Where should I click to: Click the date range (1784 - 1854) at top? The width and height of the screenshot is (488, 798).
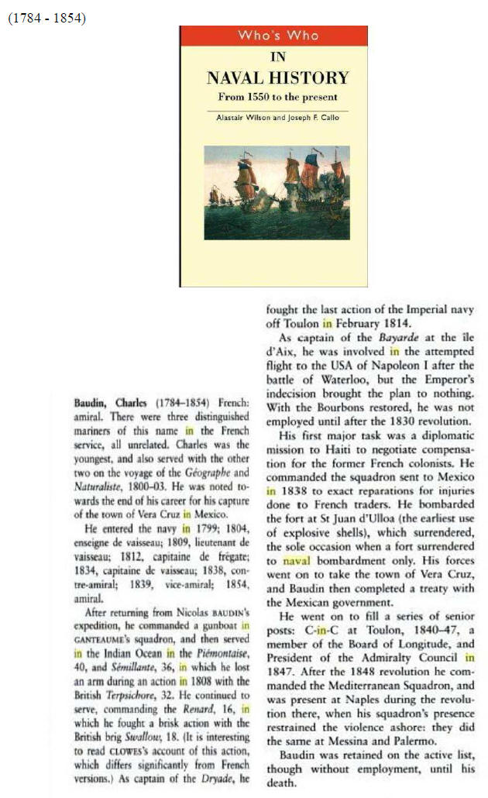coord(46,18)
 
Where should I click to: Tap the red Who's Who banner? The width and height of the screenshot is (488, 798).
coord(273,36)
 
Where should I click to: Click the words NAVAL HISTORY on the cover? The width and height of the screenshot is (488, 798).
coord(277,78)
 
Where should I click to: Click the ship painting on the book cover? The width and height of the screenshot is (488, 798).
coord(277,192)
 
